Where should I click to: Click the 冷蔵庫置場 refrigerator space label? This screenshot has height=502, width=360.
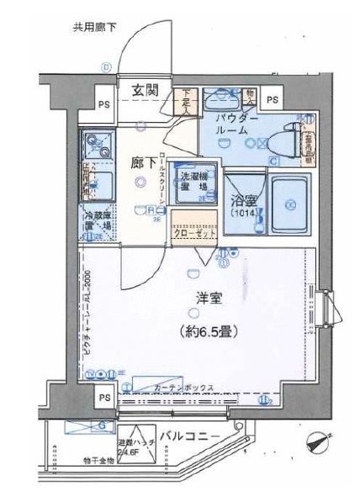point(97,221)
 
